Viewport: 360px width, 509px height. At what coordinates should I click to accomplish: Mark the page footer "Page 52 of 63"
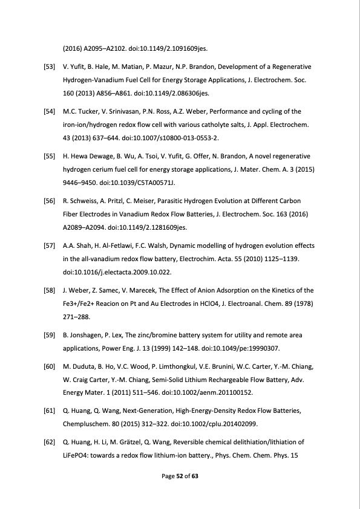click(180, 476)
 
